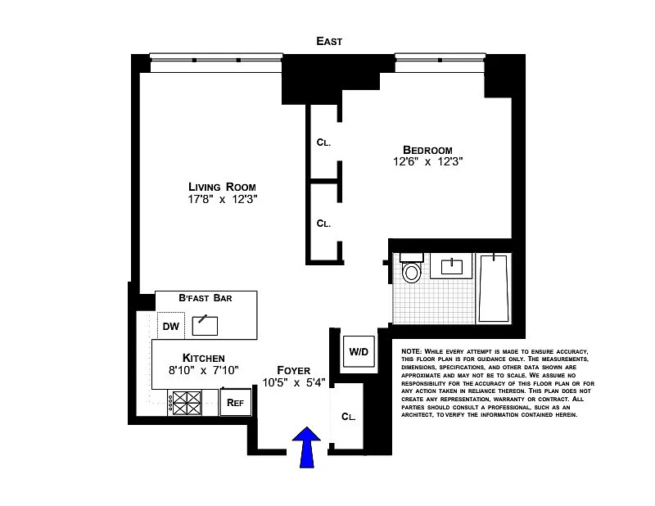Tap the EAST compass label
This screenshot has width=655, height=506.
(x=330, y=41)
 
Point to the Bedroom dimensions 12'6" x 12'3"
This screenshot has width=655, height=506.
(x=427, y=161)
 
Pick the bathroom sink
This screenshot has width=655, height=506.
(x=451, y=266)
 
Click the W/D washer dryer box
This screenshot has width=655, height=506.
(x=359, y=352)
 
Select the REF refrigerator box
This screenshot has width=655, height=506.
(x=235, y=401)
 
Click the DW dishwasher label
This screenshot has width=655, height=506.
(x=170, y=327)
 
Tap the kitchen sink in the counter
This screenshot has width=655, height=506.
(x=205, y=325)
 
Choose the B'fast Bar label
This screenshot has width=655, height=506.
(x=205, y=298)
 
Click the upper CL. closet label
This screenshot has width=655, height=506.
(x=323, y=142)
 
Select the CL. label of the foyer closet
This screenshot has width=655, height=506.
(x=348, y=416)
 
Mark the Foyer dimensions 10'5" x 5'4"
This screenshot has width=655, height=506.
(x=293, y=382)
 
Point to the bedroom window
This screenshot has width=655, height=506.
(x=439, y=57)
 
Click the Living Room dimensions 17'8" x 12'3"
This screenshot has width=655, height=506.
(x=216, y=199)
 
